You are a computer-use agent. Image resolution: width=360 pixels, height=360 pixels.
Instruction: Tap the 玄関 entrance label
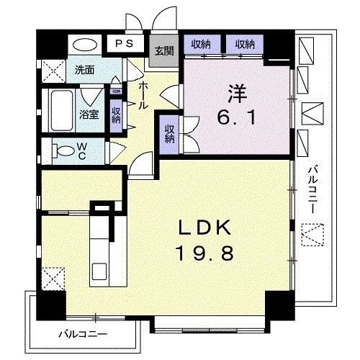pyautogui.click(x=163, y=50)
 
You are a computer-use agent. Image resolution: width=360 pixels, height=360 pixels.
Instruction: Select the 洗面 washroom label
pyautogui.click(x=84, y=70)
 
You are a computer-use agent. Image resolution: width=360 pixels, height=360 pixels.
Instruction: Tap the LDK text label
pyautogui.click(x=205, y=230)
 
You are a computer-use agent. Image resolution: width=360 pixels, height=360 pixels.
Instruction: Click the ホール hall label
pyautogui.click(x=143, y=94)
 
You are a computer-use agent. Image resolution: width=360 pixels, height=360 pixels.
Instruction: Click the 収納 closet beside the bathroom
pyautogui.click(x=116, y=115)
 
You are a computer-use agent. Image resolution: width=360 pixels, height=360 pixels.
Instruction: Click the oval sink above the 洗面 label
pyautogui.click(x=84, y=44)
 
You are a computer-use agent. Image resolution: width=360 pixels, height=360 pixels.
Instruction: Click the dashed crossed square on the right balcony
pyautogui.click(x=312, y=235)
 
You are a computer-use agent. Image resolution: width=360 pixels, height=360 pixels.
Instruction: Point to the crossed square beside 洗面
pyautogui.click(x=52, y=72)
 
